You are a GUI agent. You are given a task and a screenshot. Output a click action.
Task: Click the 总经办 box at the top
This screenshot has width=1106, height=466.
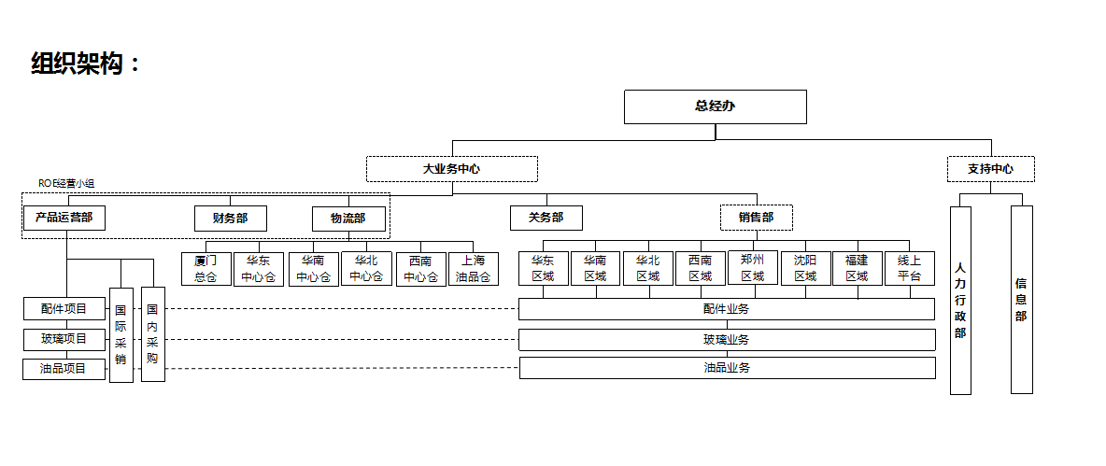(x=715, y=106)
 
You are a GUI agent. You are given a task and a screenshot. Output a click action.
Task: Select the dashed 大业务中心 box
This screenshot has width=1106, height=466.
(x=451, y=169)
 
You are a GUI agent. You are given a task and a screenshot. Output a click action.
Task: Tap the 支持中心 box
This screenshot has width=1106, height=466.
(x=990, y=169)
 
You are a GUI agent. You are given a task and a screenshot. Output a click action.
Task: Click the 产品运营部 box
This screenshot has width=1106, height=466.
(x=64, y=218)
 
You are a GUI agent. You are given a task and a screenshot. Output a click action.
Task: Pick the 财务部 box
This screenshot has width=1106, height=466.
(x=230, y=219)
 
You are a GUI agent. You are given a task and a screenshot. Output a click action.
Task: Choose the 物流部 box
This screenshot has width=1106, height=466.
(x=347, y=219)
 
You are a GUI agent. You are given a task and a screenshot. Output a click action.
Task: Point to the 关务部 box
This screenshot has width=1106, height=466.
(x=546, y=218)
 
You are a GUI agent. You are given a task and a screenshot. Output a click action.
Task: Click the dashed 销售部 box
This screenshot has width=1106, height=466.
(x=756, y=218)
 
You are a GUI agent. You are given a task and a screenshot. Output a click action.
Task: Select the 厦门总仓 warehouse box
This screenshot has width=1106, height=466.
(x=206, y=269)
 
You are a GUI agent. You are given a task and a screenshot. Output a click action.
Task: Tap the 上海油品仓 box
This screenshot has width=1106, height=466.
(x=473, y=269)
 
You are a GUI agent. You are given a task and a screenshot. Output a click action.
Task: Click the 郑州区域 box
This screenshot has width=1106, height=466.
(x=752, y=268)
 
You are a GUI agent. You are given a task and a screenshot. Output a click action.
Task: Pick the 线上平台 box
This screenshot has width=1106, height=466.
(x=909, y=268)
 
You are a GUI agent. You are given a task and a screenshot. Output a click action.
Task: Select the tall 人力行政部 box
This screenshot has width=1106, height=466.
(x=960, y=300)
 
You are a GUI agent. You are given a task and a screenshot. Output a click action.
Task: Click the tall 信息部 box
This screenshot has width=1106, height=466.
(x=1021, y=300)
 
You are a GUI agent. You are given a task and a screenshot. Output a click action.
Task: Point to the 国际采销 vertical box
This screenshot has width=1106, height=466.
(x=121, y=334)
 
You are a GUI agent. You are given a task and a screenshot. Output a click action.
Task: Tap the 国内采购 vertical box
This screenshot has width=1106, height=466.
(x=152, y=333)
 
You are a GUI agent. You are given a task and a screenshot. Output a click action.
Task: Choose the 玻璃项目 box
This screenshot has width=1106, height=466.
(x=64, y=339)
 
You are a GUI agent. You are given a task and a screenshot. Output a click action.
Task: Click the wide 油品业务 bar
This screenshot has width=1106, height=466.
(x=727, y=368)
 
